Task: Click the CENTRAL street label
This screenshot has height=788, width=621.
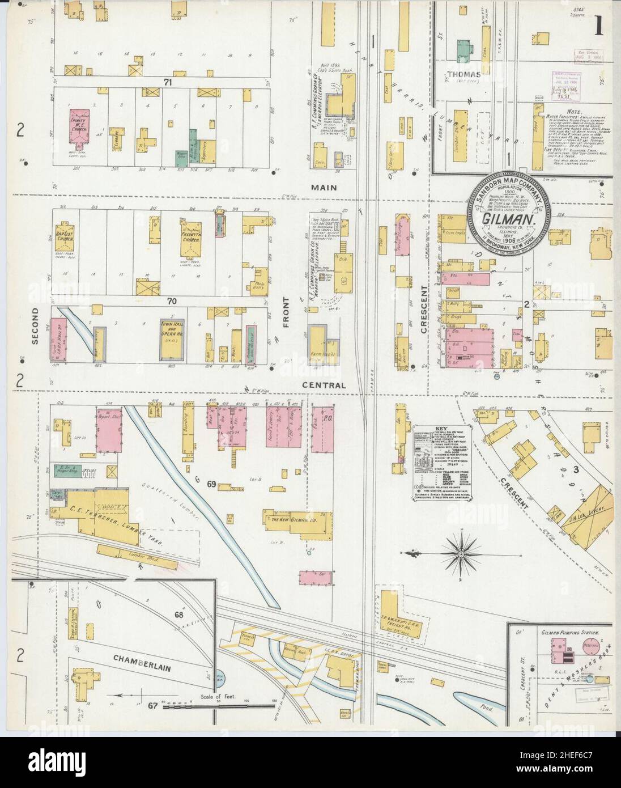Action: (x=324, y=385)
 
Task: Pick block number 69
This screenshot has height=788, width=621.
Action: (x=212, y=484)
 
